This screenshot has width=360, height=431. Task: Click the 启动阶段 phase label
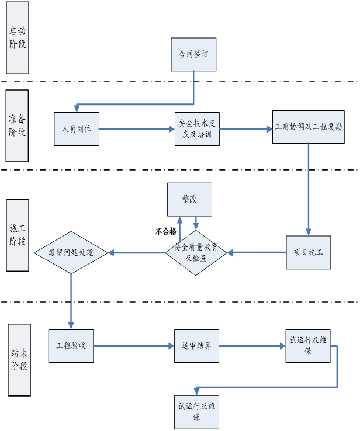click(x=18, y=37)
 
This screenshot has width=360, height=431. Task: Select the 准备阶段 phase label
click(x=17, y=125)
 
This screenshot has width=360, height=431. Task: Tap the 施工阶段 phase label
click(x=18, y=235)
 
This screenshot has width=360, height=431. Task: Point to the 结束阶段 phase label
click(x=19, y=360)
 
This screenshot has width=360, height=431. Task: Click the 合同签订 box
click(x=193, y=54)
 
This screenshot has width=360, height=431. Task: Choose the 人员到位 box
click(x=77, y=129)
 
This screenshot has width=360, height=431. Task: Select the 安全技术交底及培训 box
click(x=197, y=129)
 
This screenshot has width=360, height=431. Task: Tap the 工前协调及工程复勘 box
click(x=309, y=127)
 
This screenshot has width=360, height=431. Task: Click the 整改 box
click(x=189, y=199)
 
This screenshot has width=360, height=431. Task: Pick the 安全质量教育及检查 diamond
click(x=196, y=252)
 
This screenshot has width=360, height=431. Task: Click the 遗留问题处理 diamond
click(x=71, y=253)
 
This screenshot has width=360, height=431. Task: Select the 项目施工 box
click(x=308, y=252)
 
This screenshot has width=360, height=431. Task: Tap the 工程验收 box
click(x=71, y=346)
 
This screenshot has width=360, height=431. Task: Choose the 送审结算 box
click(x=196, y=346)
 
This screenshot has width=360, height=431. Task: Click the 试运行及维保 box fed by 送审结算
click(x=308, y=346)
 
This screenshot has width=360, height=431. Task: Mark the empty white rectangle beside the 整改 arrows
click(x=166, y=231)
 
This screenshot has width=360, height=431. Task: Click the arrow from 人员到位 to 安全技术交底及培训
click(x=137, y=129)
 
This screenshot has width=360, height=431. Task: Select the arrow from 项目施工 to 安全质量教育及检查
click(x=257, y=252)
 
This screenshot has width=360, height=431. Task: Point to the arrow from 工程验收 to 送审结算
click(x=134, y=346)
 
